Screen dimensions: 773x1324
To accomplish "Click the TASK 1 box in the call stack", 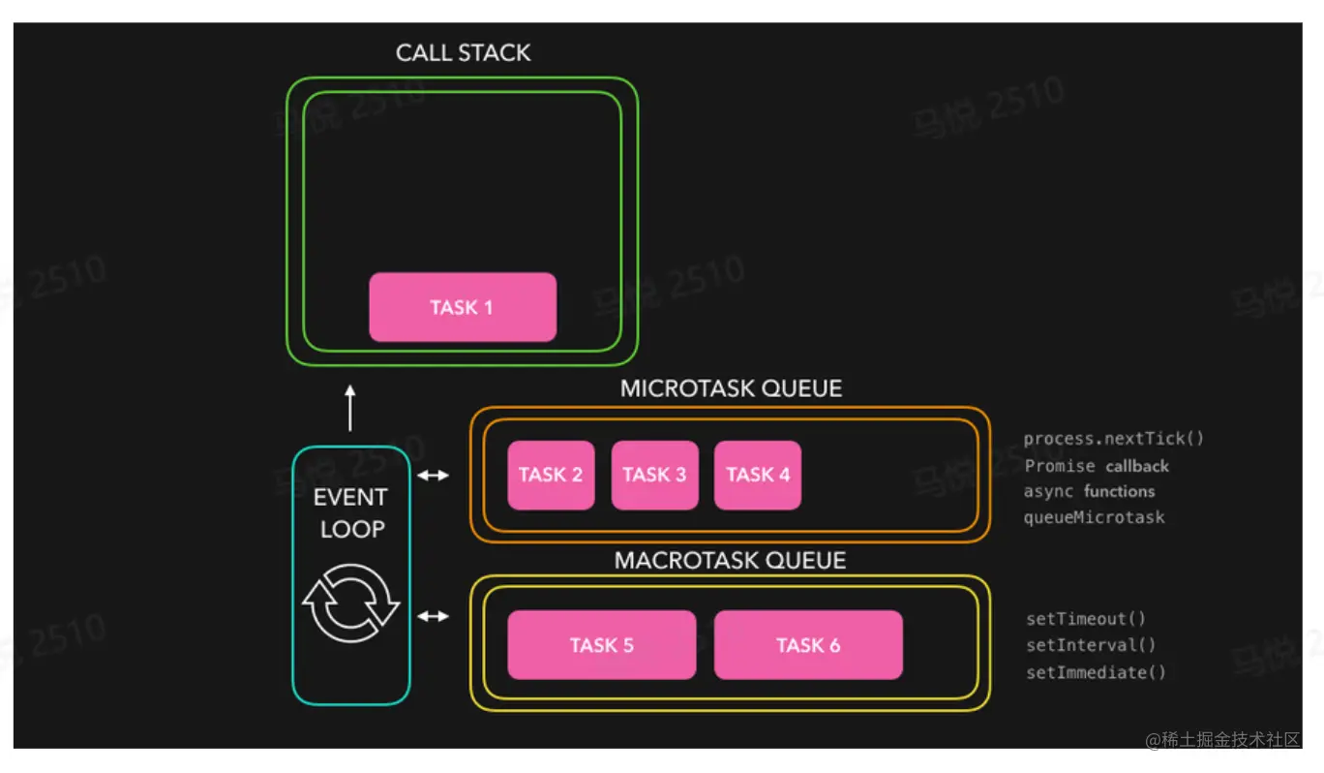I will [x=463, y=307].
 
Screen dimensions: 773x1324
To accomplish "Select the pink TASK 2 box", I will [x=551, y=475].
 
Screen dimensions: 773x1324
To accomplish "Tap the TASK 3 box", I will [x=654, y=475].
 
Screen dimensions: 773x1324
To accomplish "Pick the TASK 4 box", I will [x=758, y=475].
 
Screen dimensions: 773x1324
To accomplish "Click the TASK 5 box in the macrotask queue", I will [x=601, y=645].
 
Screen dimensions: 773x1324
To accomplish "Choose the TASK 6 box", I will [x=808, y=645].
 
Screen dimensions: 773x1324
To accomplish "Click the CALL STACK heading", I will [x=463, y=53].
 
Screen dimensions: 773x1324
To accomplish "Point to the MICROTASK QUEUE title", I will [x=731, y=389].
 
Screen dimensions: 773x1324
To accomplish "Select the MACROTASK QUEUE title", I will [x=730, y=561].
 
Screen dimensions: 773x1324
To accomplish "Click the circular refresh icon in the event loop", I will [x=351, y=603].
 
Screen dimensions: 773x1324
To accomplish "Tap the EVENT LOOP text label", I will [x=350, y=513].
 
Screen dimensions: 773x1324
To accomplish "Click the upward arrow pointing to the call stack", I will [x=350, y=408].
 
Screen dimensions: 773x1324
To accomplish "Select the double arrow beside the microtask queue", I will [x=433, y=476].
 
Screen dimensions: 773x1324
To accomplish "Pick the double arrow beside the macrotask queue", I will [x=433, y=616].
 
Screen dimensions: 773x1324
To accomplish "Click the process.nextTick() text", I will [x=1114, y=439].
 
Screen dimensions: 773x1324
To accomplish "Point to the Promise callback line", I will [x=1097, y=466].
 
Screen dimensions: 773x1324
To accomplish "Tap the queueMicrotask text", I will [x=1095, y=517].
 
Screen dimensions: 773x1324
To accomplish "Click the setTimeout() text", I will [x=1086, y=619].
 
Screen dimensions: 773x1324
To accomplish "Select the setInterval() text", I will [x=1091, y=645].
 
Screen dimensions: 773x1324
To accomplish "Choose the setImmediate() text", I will [x=1096, y=672].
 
